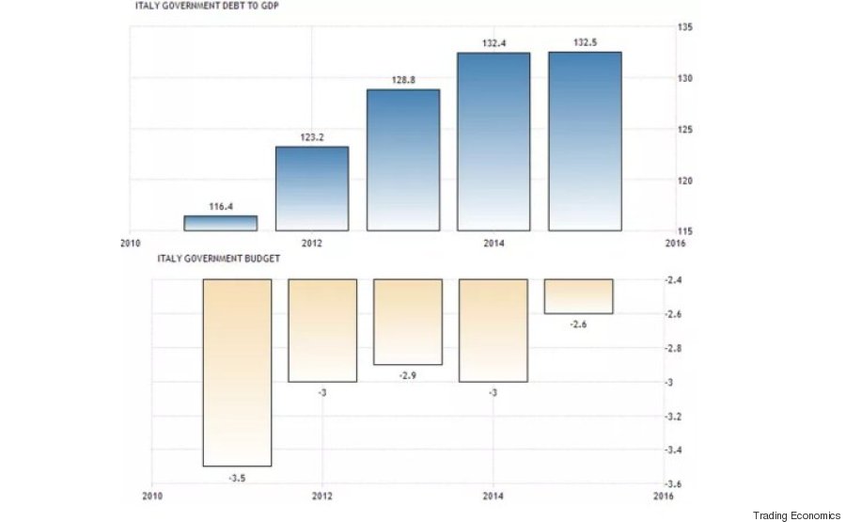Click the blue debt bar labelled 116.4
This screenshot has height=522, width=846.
pos(221,223)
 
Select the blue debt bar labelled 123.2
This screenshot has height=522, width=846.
pos(312,188)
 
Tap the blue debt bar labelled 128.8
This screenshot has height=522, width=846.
pos(403,160)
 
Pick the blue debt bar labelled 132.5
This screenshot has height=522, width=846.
pos(585,141)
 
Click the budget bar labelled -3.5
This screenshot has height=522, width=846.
pos(237,372)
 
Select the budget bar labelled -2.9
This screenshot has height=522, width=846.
pos(408,322)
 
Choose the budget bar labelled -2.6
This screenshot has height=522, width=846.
pos(579,296)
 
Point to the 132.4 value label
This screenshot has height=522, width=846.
pos(493,41)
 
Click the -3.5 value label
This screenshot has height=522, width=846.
pos(237,479)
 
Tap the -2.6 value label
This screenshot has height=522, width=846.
pos(579,324)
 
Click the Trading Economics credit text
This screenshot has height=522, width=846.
pos(797,514)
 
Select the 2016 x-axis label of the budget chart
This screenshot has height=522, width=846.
pos(664,495)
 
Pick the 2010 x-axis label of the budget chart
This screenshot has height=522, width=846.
pos(150,495)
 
